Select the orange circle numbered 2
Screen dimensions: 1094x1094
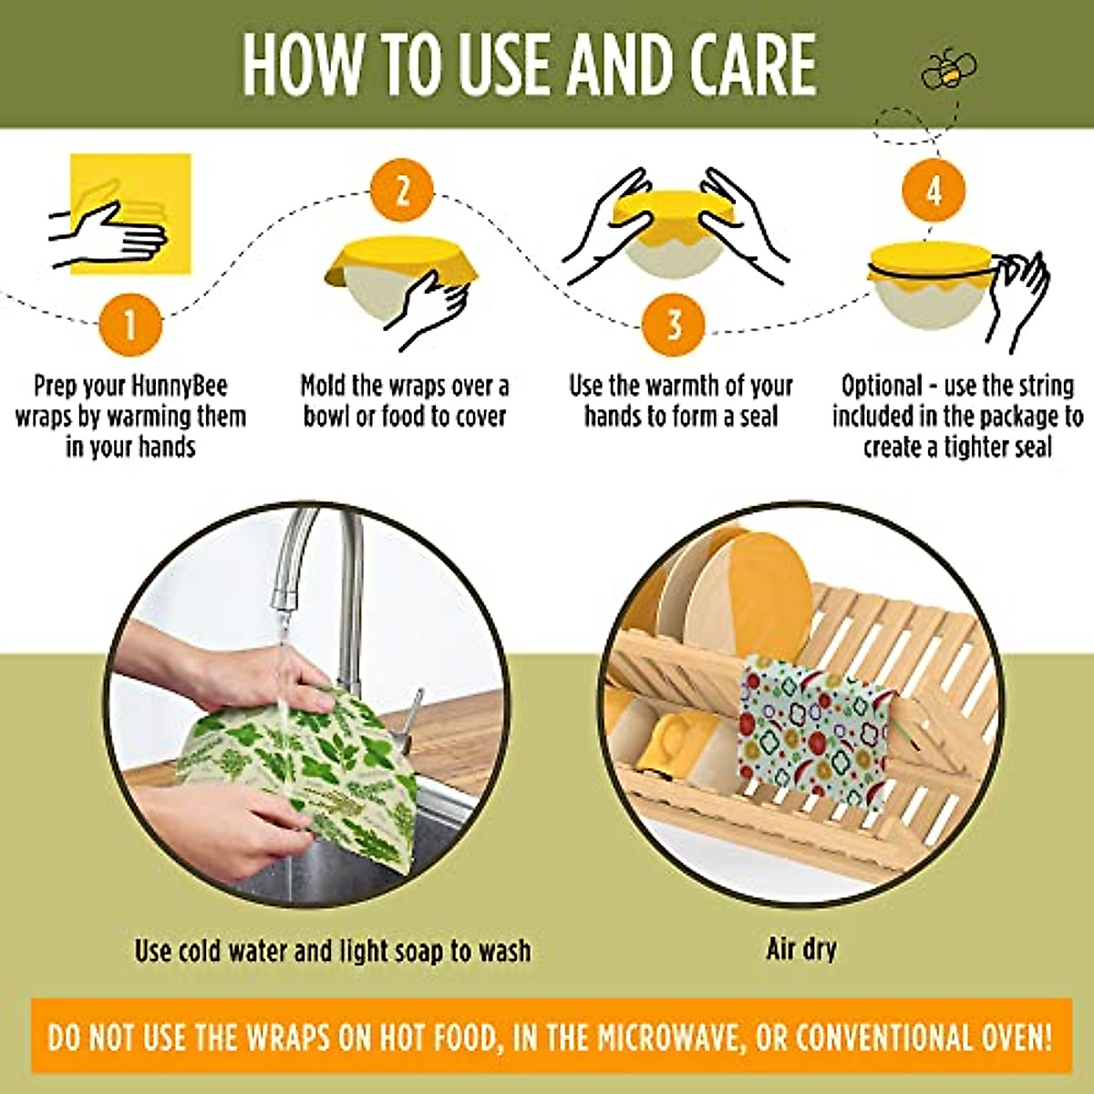point(402,192)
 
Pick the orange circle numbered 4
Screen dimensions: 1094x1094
point(934,192)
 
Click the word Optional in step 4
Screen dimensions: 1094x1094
point(881,386)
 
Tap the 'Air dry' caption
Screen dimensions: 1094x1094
point(800,949)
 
